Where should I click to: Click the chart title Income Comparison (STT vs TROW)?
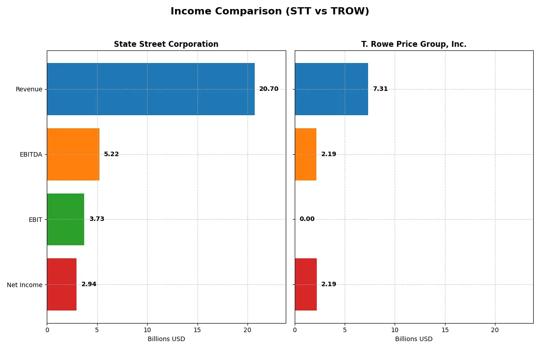point(270,12)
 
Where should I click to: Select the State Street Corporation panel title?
point(166,44)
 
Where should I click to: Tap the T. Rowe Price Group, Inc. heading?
point(414,44)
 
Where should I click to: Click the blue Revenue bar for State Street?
point(151,89)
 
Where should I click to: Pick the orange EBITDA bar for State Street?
point(73,154)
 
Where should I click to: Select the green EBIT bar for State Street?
point(65,219)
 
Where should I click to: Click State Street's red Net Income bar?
point(62,284)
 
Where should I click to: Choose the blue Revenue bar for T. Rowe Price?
point(331,89)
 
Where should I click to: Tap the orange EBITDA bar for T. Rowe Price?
point(306,154)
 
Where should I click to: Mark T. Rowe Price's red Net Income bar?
point(306,284)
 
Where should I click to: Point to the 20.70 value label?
point(269,89)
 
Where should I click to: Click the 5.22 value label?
point(111,154)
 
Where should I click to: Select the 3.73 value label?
point(96,219)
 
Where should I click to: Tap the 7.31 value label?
point(380,89)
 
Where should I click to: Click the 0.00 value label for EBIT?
point(307,219)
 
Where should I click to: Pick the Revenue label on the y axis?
point(29,89)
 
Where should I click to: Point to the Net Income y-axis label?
point(25,284)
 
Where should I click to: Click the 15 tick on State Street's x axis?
point(197,330)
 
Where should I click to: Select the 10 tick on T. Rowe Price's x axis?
point(395,330)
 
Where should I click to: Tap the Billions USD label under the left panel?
point(166,339)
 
